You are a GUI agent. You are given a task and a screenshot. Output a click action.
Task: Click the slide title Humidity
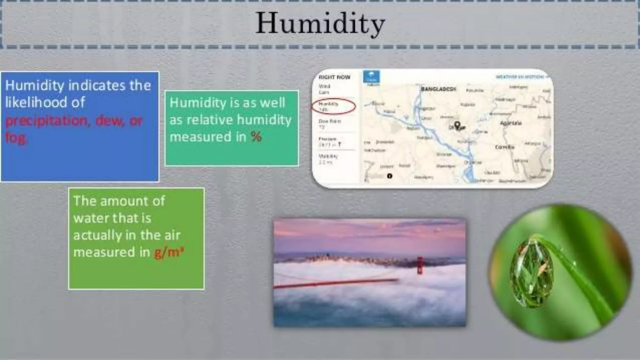pyautogui.click(x=320, y=24)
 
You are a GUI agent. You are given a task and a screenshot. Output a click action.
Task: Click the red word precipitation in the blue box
pyautogui.click(x=46, y=121)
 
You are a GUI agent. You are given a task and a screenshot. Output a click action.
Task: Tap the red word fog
pyautogui.click(x=16, y=137)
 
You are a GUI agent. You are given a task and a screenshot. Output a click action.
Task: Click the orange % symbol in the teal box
pyautogui.click(x=256, y=137)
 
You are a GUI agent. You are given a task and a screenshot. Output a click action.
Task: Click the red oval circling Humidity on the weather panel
pyautogui.click(x=333, y=107)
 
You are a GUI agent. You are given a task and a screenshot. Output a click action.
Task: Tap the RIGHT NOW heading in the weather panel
pyautogui.click(x=334, y=77)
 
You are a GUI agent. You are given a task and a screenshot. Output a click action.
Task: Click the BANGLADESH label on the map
pyautogui.click(x=438, y=89)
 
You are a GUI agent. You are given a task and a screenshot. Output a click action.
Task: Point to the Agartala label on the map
pyautogui.click(x=511, y=123)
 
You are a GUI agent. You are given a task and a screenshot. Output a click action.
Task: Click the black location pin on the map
pyautogui.click(x=457, y=126)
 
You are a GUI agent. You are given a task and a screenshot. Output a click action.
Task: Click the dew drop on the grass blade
pyautogui.click(x=531, y=273)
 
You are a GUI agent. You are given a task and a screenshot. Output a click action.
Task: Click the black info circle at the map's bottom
pyautogui.click(x=389, y=176)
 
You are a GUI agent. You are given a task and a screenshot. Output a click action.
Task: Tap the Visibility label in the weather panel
pyautogui.click(x=328, y=156)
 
